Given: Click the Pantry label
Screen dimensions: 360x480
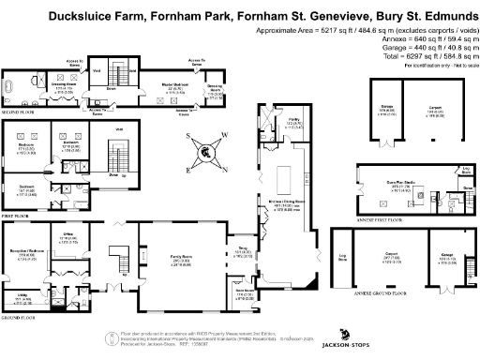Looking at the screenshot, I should [x=293, y=122].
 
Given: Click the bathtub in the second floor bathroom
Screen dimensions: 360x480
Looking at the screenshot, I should [x=11, y=90].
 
